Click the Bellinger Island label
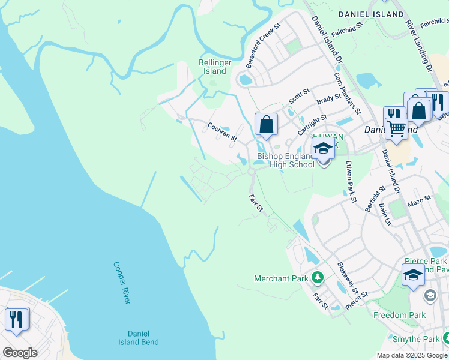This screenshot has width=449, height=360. point(212,67)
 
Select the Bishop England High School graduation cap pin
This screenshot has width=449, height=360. point(323,149)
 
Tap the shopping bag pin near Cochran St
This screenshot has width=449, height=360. point(266,125)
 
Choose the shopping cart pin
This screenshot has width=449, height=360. point(395,128)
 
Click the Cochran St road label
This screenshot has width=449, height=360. point(222,132)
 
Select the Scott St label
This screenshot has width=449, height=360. point(298,95)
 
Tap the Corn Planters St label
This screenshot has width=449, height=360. point(347,93)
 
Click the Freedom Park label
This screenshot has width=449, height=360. point(399,315)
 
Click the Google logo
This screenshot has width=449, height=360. point(19,353)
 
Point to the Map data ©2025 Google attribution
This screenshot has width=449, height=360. point(412,355)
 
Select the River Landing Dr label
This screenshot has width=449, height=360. point(419,45)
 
